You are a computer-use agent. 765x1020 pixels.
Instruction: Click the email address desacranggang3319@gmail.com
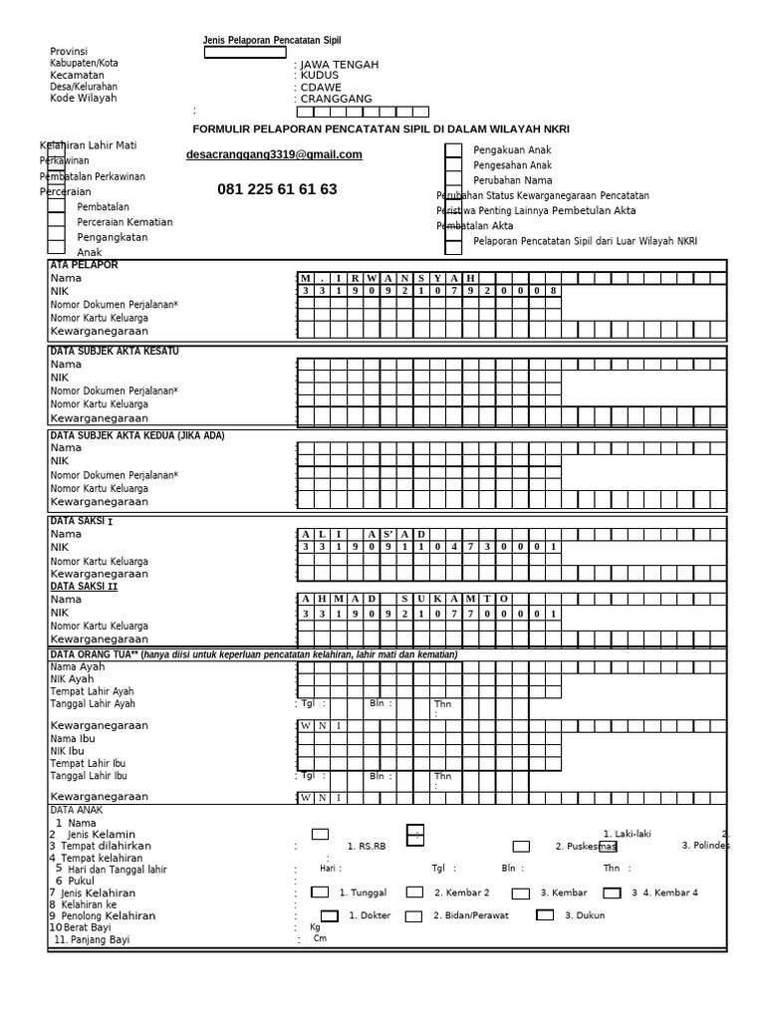coord(274,155)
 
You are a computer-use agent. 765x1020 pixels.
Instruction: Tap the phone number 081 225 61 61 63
coord(277,189)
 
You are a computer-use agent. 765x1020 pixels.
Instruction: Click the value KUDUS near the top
coord(319,75)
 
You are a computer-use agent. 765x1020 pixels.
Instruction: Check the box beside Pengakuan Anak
coord(453,150)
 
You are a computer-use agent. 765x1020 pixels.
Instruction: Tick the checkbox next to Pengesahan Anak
coord(453,165)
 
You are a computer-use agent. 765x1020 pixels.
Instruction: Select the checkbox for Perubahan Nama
coord(453,181)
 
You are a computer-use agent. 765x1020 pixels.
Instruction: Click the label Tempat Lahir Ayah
coord(93,691)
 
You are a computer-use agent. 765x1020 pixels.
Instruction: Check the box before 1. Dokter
coord(329,914)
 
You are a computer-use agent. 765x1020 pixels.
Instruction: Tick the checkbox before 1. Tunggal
coord(321,892)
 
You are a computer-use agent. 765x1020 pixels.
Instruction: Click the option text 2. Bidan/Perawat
coord(467,915)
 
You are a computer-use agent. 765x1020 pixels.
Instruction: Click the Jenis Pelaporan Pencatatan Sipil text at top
coord(271,41)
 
